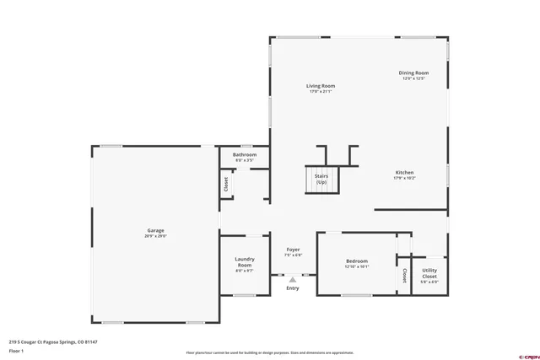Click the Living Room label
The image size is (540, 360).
coord(321,86)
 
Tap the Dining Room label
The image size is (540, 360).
coord(413,73)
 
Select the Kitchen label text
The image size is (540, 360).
coord(404,173)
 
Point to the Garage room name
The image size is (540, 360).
coord(155,230)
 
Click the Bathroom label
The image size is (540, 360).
coord(245,155)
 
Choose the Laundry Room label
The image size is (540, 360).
coord(245,262)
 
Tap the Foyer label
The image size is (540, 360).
coord(293,250)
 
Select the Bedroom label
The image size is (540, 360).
coord(357,261)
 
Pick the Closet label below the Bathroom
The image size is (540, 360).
coord(226,184)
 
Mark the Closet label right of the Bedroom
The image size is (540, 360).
coord(405,275)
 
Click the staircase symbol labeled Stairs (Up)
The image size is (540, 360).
coord(321,180)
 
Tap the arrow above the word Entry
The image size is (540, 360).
coord(293,279)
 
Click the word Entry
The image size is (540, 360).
coord(293,288)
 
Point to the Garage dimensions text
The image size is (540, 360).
coord(155,236)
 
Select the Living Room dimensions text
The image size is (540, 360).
coord(321,91)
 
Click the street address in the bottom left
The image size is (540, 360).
coord(53,341)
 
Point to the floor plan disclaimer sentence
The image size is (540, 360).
coord(270,352)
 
